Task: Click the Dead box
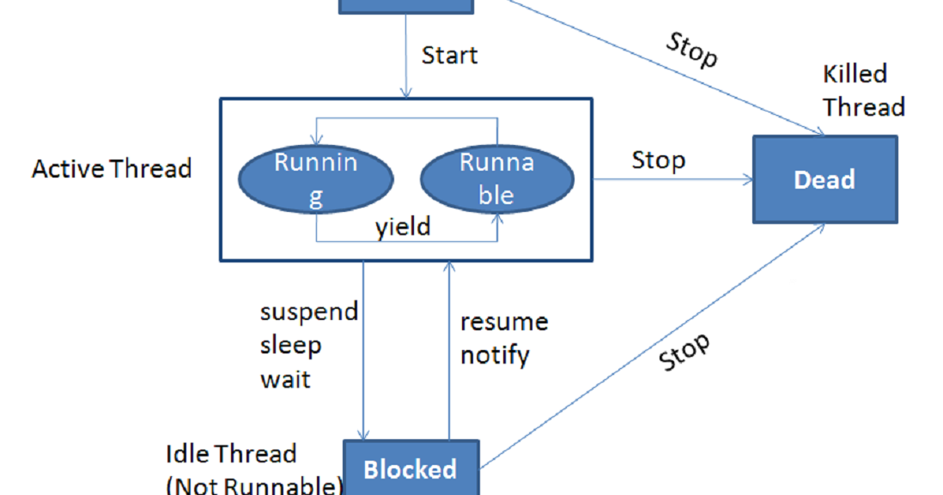coord(824,179)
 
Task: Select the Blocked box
coord(411,468)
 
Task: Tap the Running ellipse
coord(316,178)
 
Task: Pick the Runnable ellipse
coord(497,178)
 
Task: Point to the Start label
coord(449,56)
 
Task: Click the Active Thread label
coord(112,168)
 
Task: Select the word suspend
coord(309,311)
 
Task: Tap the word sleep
coord(291,345)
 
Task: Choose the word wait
coord(285,378)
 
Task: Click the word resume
coord(504,323)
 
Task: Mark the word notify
coord(495,354)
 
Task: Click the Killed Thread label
coord(863,90)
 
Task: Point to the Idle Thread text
coord(231,453)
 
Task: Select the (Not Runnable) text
coord(253,486)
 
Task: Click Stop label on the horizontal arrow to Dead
coord(659,160)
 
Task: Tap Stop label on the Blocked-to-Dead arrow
coord(685,352)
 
